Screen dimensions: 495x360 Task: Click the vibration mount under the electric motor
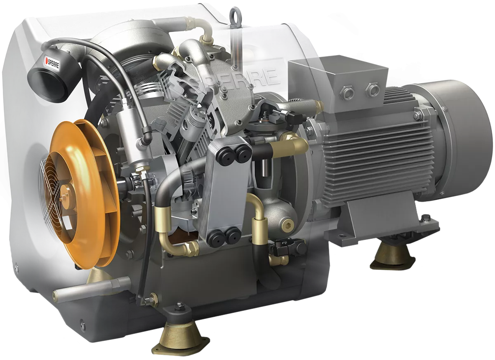[392, 256]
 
